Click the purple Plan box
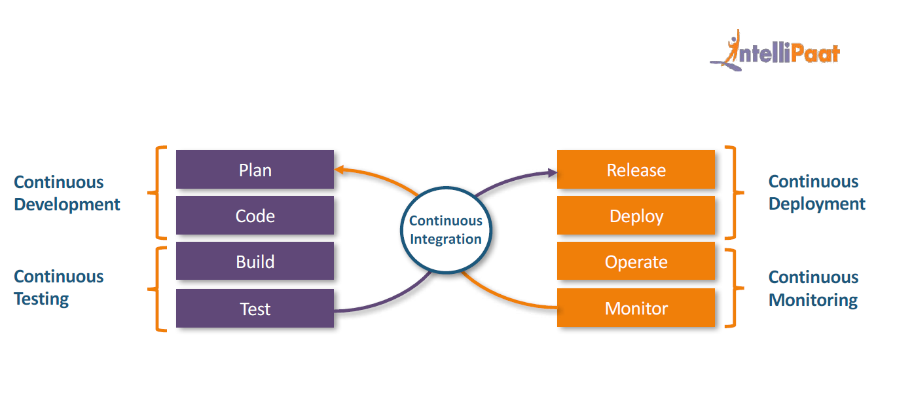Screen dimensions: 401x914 (x=255, y=170)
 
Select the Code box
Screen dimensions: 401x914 (x=255, y=216)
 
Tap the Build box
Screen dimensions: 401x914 (x=255, y=261)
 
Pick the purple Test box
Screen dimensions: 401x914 (x=255, y=309)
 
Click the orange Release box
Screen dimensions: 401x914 (x=636, y=170)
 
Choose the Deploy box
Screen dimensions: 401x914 (x=636, y=216)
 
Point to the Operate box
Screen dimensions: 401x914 (x=636, y=261)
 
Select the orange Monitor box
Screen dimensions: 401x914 (x=636, y=308)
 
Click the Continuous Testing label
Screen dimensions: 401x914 (x=59, y=288)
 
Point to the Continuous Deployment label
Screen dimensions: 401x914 (x=816, y=193)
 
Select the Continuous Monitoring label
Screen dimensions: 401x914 (x=813, y=288)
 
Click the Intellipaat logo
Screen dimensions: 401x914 (x=776, y=51)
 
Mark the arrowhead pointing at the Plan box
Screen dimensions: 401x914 (x=340, y=170)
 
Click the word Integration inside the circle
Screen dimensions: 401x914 (x=446, y=239)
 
